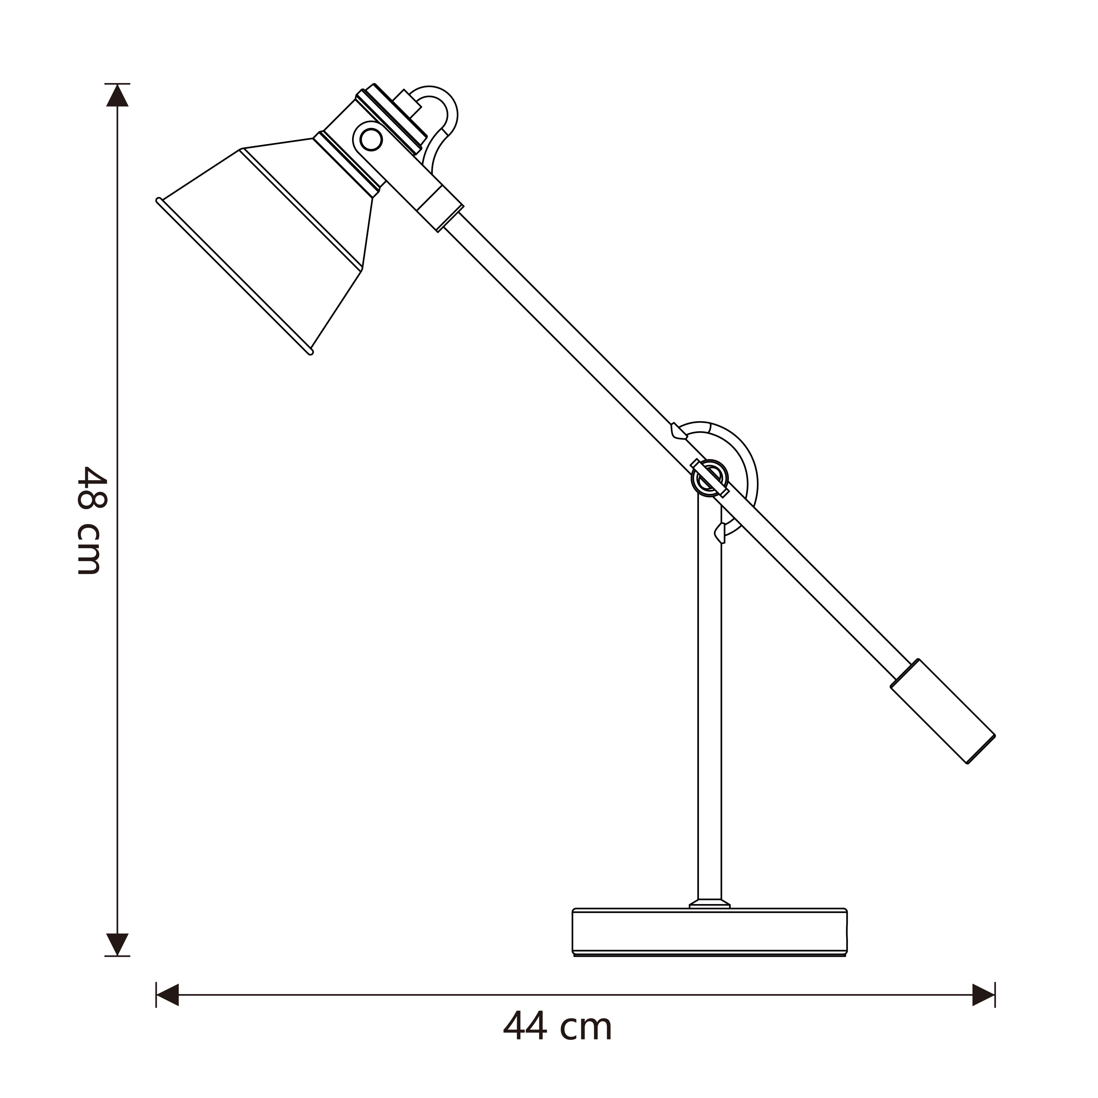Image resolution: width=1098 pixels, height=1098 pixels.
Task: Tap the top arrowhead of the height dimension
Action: [x=117, y=96]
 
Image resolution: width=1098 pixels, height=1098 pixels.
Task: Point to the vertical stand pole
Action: [x=709, y=710]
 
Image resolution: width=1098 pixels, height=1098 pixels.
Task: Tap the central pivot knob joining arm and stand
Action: [x=709, y=478]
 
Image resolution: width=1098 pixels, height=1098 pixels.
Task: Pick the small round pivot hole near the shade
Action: [x=371, y=139]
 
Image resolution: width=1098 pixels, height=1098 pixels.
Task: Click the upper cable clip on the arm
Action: [x=678, y=432]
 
